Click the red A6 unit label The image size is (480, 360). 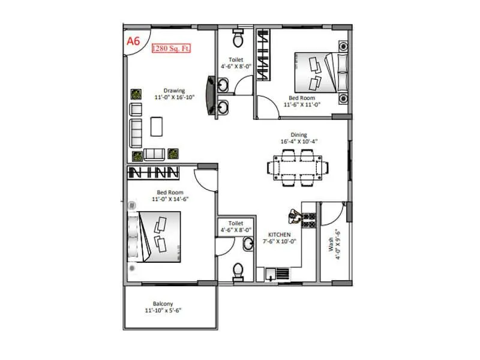pos(133,41)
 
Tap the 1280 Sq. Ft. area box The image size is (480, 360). pos(171,48)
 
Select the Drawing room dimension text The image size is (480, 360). pos(170,97)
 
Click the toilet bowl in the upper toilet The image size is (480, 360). pos(237,39)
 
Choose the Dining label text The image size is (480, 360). pos(299,135)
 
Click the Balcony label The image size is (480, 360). pos(163,304)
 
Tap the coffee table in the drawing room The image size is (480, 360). pos(157,125)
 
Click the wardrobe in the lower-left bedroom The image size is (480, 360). pos(155,172)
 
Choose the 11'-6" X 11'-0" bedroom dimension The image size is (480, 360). pos(302,104)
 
